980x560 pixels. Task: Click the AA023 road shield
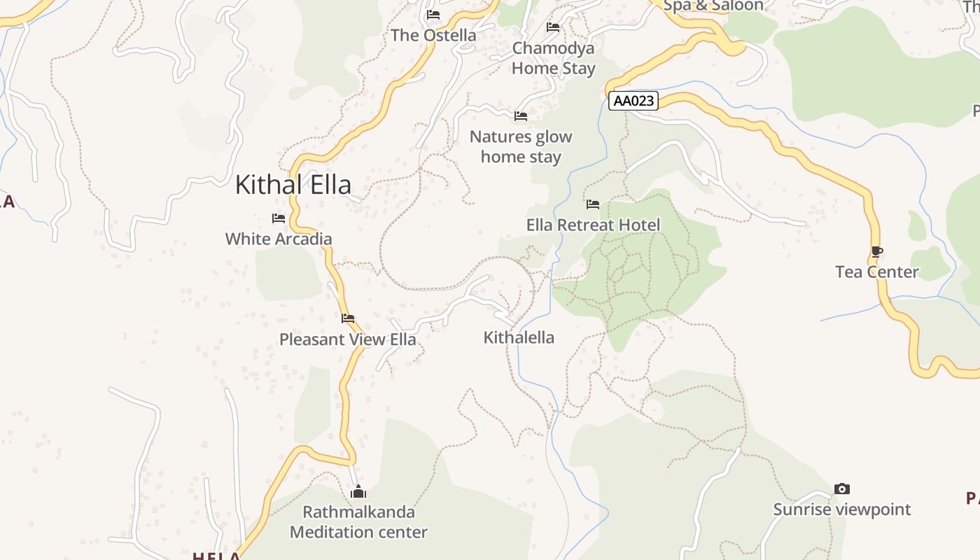[633, 101]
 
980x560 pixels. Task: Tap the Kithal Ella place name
[293, 185]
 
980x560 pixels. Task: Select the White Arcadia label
[279, 239]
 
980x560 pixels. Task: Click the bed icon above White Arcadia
[279, 218]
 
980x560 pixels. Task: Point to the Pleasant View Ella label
[348, 339]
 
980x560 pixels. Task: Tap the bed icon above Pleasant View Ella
[348, 318]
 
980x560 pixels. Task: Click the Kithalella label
[519, 337]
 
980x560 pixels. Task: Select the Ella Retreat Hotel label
[593, 225]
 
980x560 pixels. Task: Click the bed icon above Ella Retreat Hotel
[593, 204]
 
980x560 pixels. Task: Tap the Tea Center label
[876, 272]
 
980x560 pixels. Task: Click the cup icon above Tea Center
[876, 251]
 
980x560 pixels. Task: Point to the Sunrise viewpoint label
[842, 509]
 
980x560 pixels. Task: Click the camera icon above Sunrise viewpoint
[842, 489]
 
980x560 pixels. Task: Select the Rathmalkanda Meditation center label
[358, 522]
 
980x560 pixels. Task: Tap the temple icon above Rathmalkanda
[358, 491]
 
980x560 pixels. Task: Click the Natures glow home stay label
[521, 146]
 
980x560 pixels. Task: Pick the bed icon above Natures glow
[521, 116]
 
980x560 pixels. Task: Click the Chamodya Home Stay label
[553, 58]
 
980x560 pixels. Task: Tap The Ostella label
[433, 35]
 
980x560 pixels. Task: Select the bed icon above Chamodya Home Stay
[553, 27]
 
